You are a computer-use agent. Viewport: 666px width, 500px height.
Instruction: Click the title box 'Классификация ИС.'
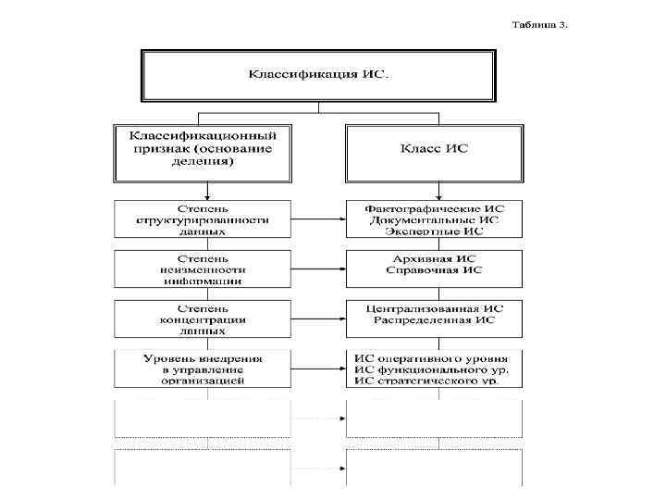(x=320, y=74)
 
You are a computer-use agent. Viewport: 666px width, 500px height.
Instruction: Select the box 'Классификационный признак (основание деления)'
(x=203, y=149)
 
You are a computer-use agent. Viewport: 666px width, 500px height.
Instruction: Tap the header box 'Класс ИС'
(x=434, y=149)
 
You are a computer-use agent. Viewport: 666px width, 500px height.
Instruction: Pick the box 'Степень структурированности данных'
(x=203, y=219)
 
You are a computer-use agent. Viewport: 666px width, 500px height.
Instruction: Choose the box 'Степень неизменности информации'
(x=203, y=269)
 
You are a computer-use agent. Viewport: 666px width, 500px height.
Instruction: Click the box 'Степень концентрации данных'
(x=203, y=319)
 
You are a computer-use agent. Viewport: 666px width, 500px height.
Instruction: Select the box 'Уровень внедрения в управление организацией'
(x=203, y=369)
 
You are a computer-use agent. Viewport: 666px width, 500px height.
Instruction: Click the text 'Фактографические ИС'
(x=434, y=208)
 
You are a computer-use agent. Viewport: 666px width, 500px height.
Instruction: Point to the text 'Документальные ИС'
(x=434, y=220)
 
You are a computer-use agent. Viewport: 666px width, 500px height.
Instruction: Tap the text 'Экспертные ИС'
(x=434, y=231)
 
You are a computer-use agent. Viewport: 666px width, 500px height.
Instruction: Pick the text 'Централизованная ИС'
(x=434, y=307)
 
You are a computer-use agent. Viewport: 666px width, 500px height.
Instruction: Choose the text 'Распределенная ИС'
(x=434, y=319)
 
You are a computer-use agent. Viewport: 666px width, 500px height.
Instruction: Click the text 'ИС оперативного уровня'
(x=434, y=357)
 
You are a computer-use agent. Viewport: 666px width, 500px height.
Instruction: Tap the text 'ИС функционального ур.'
(x=434, y=369)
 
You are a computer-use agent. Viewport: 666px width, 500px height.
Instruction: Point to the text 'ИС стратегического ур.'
(x=434, y=381)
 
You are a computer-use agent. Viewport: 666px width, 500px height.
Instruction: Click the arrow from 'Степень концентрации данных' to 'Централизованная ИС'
(x=318, y=319)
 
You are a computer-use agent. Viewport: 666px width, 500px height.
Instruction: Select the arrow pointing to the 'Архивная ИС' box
(x=318, y=269)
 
